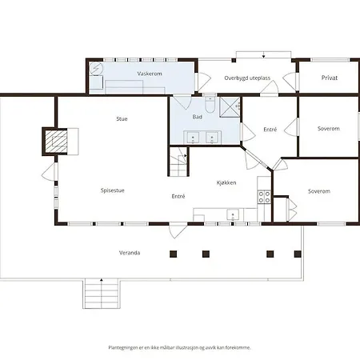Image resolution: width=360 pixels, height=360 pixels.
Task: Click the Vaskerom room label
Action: click(x=150, y=74)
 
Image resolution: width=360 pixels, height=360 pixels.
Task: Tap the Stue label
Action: click(x=122, y=119)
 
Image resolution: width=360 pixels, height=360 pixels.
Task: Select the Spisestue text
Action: click(x=113, y=190)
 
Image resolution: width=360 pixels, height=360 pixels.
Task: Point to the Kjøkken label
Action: click(x=226, y=182)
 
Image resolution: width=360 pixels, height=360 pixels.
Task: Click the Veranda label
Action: click(x=130, y=253)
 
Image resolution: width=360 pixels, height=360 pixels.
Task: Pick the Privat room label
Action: click(x=330, y=78)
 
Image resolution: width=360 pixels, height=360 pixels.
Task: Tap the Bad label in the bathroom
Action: click(x=198, y=117)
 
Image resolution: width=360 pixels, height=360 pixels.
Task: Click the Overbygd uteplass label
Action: click(x=247, y=78)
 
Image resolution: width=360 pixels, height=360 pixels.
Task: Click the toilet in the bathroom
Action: click(x=210, y=105)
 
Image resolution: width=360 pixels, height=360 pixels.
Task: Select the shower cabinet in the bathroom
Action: click(x=230, y=107)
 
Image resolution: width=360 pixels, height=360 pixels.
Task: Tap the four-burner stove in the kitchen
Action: click(x=264, y=197)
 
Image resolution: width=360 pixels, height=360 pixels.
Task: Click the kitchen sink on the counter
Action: click(x=233, y=214)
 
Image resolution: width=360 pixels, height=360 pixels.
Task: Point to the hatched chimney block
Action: click(x=56, y=142)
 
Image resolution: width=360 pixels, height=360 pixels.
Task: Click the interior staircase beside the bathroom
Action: click(x=178, y=162)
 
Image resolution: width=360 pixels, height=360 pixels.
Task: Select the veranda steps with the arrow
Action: click(x=102, y=294)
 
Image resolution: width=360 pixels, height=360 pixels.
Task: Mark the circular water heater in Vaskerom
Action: click(x=96, y=69)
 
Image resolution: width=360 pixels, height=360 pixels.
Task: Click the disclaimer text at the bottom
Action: click(x=179, y=347)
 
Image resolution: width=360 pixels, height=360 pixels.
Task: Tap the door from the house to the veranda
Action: click(x=178, y=230)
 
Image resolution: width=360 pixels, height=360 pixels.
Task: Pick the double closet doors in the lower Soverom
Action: click(x=292, y=210)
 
